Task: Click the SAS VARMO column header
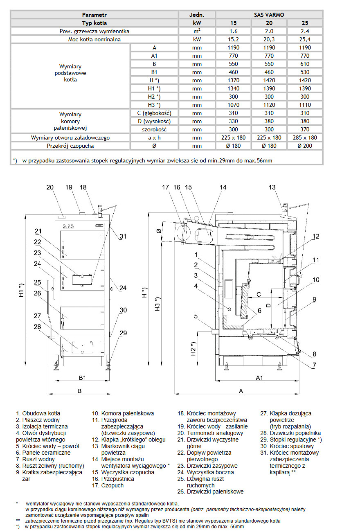coord(269,15)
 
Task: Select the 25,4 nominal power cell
coord(305,40)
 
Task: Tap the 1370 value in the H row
coord(232,80)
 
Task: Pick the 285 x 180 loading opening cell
coord(305,138)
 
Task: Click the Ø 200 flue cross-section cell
coord(305,146)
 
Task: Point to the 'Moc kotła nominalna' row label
coord(94,40)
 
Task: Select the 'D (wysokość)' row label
coord(154,121)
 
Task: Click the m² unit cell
coord(197,32)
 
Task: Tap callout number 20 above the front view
coord(50,187)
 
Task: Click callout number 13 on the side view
coord(272,187)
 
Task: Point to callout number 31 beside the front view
coord(124,236)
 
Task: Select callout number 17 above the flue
coord(165,187)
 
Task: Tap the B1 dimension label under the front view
coord(82,377)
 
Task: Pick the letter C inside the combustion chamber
coord(259,294)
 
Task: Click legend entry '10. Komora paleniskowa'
coord(123,413)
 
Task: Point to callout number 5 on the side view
coord(196,316)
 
